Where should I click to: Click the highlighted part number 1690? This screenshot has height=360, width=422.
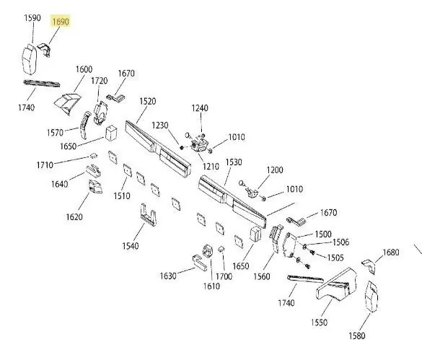(x=61, y=22)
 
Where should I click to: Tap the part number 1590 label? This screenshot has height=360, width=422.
(x=32, y=18)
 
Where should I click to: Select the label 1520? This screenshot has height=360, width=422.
(x=148, y=101)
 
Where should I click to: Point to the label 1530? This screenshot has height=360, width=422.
(x=234, y=162)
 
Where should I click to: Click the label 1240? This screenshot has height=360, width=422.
(x=200, y=108)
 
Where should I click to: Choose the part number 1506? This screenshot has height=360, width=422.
(x=340, y=242)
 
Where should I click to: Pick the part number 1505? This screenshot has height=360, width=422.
(x=335, y=258)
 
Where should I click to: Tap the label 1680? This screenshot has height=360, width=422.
(x=391, y=253)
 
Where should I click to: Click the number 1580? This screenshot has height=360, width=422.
(x=357, y=335)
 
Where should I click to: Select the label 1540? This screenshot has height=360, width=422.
(x=131, y=246)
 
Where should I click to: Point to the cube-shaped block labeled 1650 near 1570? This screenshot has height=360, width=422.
(x=111, y=133)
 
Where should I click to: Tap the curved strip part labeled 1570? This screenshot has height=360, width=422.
(x=84, y=125)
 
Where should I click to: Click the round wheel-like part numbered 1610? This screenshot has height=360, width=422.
(x=208, y=252)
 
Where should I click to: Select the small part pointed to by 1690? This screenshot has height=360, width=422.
(x=45, y=49)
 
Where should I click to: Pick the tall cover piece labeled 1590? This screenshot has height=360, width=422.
(x=30, y=59)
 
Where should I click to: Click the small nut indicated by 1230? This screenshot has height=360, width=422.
(x=182, y=148)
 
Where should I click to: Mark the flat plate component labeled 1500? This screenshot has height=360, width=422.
(x=289, y=245)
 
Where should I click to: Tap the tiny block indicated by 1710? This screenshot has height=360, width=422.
(x=93, y=155)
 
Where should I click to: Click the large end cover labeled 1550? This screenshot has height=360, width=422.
(x=336, y=285)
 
